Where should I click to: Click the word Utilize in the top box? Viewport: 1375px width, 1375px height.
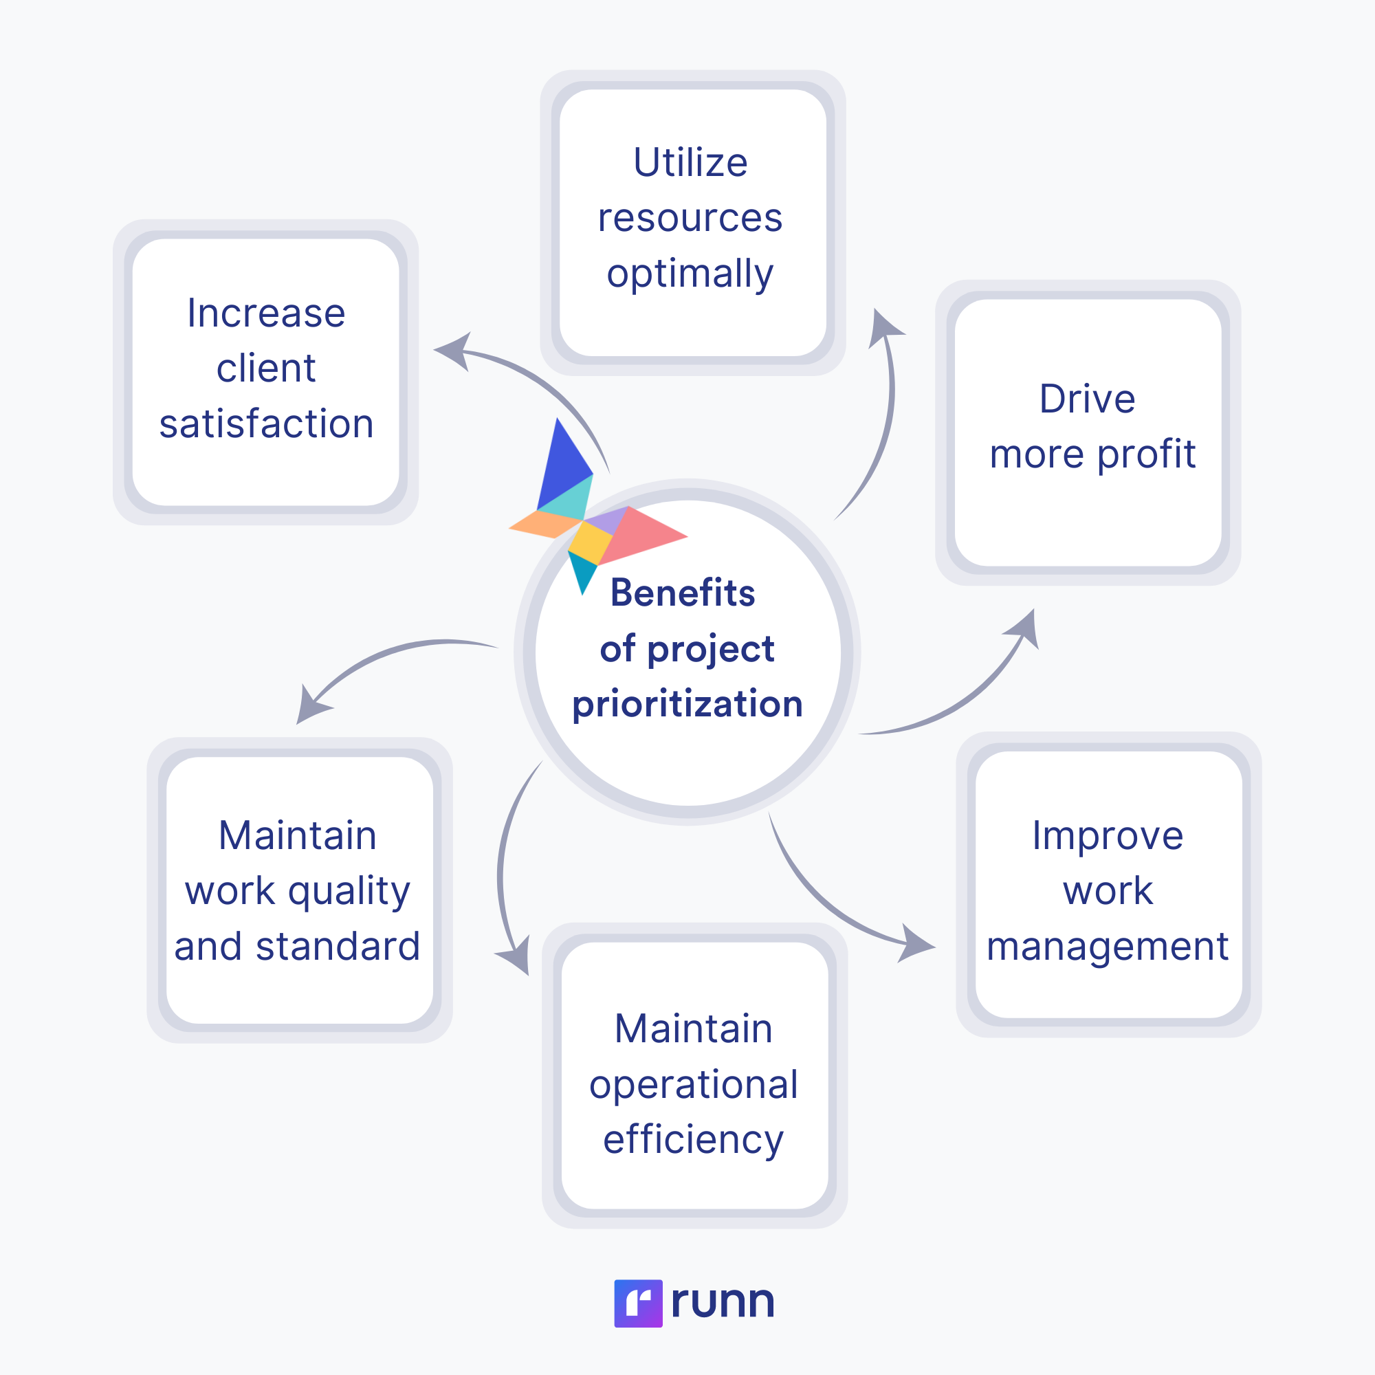(690, 162)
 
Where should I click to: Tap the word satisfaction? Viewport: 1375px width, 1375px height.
(266, 424)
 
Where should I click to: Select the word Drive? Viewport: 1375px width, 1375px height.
(1088, 399)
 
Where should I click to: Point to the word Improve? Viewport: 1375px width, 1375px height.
(1108, 837)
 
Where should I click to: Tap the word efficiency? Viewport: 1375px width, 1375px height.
(694, 1141)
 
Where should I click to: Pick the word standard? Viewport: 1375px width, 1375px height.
(338, 947)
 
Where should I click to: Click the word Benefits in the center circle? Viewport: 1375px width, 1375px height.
(683, 593)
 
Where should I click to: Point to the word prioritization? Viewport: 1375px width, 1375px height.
(687, 705)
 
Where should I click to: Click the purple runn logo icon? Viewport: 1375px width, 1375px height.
(639, 1303)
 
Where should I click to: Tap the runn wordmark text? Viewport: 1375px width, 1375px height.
(723, 1303)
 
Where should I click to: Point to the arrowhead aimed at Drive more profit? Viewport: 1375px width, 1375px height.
(1023, 629)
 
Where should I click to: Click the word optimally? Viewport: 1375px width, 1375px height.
(690, 276)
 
